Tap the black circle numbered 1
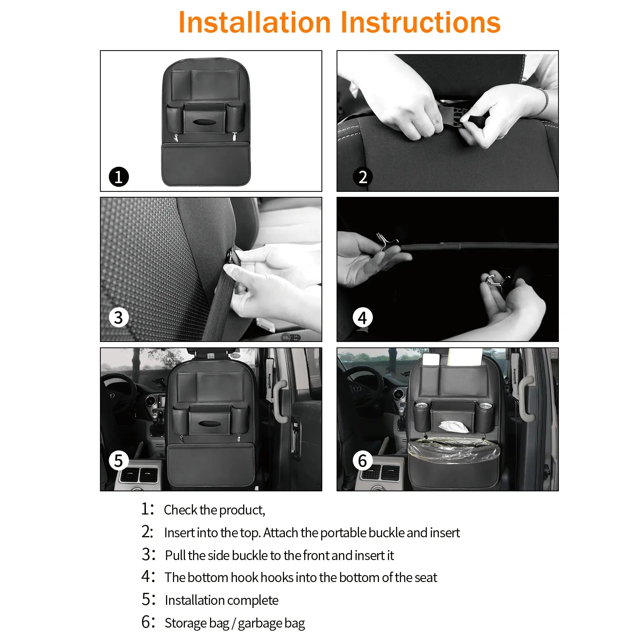pos(118,177)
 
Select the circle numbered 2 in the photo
pos(362,177)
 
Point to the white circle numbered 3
pos(118,318)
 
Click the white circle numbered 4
pos(362,318)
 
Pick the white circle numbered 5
pos(118,460)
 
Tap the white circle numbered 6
pos(362,460)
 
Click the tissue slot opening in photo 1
pos(205,122)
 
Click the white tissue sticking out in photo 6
pos(454,426)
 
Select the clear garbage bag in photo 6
pos(454,450)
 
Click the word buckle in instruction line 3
pos(250,555)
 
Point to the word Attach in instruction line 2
pos(281,533)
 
